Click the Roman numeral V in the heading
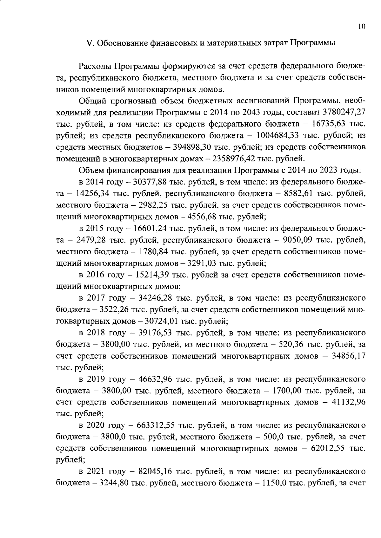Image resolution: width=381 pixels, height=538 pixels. pyautogui.click(x=90, y=43)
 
